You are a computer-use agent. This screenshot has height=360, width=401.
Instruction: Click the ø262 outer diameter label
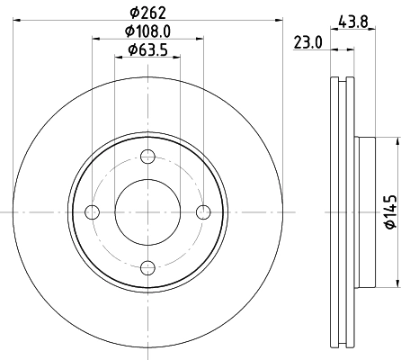[x=147, y=12]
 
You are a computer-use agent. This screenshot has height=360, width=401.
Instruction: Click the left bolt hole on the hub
[x=92, y=212]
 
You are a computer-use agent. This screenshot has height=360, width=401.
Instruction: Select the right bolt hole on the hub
[x=204, y=212]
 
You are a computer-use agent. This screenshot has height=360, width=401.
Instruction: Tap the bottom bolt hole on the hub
[x=148, y=268]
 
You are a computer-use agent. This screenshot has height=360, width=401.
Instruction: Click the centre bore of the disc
[x=148, y=212]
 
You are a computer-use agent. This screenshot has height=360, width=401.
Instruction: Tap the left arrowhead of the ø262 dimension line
[x=19, y=21]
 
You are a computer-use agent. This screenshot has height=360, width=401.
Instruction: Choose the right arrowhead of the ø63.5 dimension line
[x=177, y=58]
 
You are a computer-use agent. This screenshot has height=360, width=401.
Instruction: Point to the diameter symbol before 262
[x=133, y=12]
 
